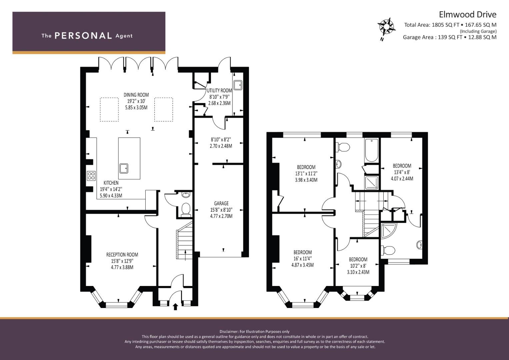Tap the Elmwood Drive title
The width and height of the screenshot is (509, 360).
point(467,15)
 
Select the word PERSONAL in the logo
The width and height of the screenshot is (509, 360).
point(83,36)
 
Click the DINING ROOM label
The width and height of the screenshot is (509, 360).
point(136,95)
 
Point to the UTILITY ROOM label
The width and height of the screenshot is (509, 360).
point(219,90)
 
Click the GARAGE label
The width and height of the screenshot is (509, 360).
point(221,203)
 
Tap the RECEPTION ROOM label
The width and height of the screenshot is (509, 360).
point(122,255)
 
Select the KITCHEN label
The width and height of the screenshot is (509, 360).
point(111,183)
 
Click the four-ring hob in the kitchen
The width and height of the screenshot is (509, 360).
point(91,176)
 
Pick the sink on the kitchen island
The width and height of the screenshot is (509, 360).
point(124,168)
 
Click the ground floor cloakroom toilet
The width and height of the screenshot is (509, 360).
point(186,209)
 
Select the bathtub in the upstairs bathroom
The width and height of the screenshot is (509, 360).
point(372,150)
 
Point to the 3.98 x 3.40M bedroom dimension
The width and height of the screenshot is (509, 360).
point(306,180)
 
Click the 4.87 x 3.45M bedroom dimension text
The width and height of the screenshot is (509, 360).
point(302,265)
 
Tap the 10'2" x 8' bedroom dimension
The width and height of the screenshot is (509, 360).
point(358,266)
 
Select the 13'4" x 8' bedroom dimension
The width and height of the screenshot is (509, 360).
point(402,172)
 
